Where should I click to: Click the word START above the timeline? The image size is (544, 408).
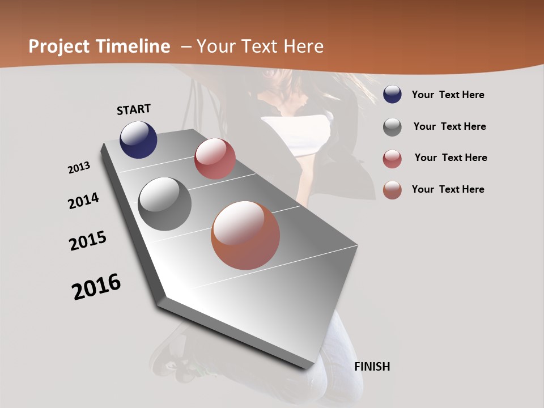click(134, 109)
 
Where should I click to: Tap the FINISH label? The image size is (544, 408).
click(372, 367)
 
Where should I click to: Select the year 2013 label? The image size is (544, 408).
click(79, 168)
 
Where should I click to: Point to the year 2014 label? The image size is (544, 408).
click(83, 201)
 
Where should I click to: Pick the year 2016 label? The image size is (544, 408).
click(96, 287)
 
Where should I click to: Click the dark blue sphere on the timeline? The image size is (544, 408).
click(138, 139)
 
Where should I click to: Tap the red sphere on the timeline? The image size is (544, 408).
click(215, 159)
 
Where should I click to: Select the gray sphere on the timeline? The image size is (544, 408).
click(164, 204)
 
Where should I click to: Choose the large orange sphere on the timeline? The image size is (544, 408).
click(245, 235)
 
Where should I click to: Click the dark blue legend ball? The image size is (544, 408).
click(392, 95)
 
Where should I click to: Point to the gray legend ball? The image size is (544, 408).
click(392, 127)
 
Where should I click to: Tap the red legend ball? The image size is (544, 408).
click(392, 159)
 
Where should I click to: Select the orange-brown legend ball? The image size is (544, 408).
click(392, 190)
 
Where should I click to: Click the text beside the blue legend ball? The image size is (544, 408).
click(448, 95)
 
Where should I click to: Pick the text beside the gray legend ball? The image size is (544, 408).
click(449, 126)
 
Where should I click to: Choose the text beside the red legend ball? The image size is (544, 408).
click(450, 158)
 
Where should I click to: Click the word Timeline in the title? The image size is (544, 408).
click(133, 46)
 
